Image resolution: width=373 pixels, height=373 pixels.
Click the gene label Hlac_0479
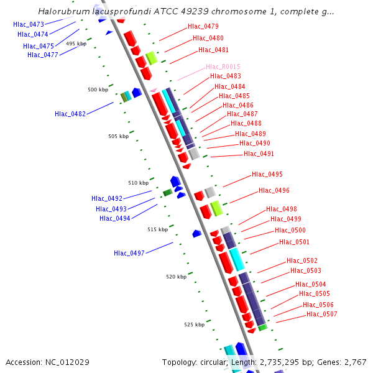(x=203, y=27)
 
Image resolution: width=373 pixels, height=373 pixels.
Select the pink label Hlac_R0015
(x=223, y=67)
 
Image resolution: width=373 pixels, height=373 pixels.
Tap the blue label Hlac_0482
(x=70, y=114)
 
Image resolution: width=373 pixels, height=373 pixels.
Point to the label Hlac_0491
(x=259, y=154)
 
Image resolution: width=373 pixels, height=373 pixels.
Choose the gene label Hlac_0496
(x=274, y=190)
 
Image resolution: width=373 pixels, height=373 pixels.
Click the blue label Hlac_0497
(x=129, y=253)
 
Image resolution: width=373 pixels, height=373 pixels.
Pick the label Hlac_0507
(x=322, y=314)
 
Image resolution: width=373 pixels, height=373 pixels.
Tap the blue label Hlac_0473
(x=29, y=24)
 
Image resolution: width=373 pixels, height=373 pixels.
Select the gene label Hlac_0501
(x=295, y=242)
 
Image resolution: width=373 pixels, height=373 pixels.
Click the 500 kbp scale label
(x=98, y=90)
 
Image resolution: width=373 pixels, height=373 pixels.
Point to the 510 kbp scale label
(x=139, y=183)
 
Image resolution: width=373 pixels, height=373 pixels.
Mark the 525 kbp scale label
(x=194, y=325)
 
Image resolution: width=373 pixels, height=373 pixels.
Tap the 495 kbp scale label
(x=76, y=44)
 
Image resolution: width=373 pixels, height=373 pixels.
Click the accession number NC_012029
(x=71, y=362)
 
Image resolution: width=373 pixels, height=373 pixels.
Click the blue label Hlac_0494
(x=115, y=218)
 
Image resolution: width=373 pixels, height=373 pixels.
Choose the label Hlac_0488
(x=246, y=124)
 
